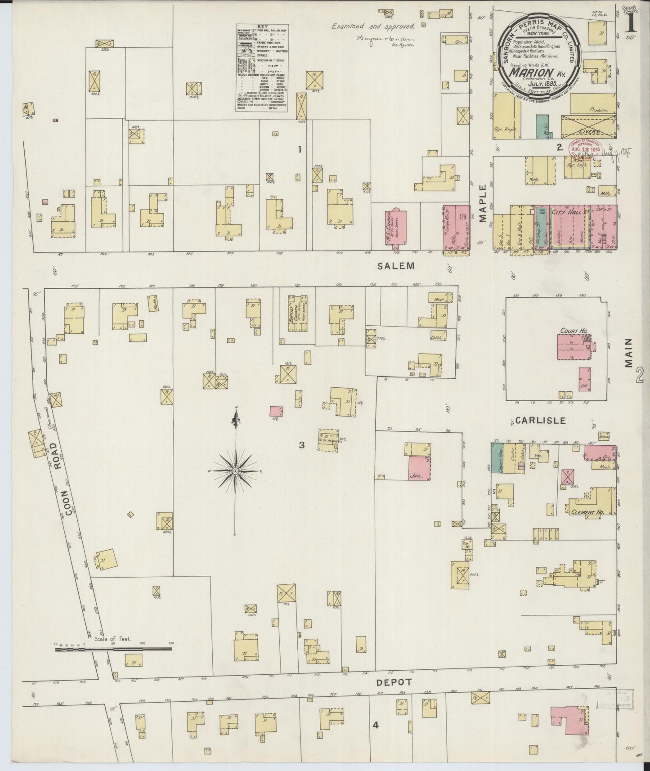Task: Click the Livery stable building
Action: tap(588, 126)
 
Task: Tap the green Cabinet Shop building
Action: tap(497, 457)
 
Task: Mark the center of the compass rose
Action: tap(235, 471)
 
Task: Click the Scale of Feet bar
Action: tap(112, 649)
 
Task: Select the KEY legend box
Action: tap(262, 68)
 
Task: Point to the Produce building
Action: tap(593, 103)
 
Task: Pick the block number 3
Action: tap(302, 445)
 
